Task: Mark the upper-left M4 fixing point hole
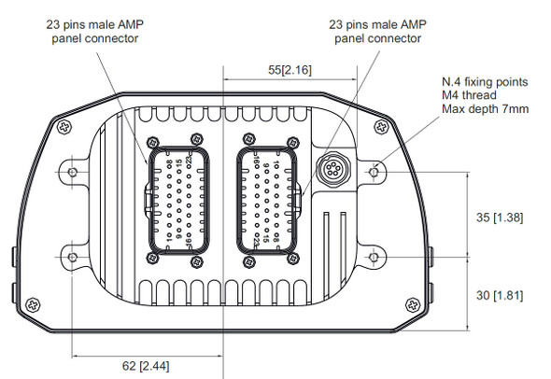[x=73, y=172]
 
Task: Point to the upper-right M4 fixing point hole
[x=374, y=172]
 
